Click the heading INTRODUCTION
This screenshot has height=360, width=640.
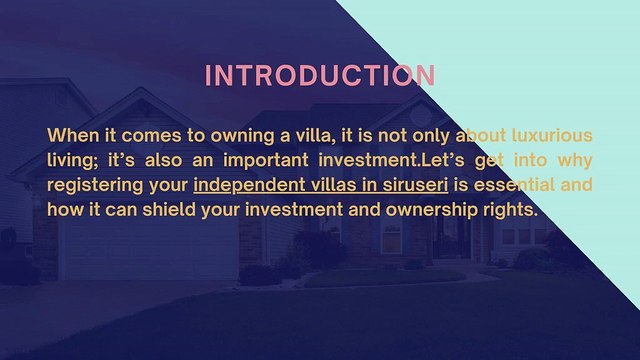(x=320, y=76)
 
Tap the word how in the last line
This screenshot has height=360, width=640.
(x=65, y=211)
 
